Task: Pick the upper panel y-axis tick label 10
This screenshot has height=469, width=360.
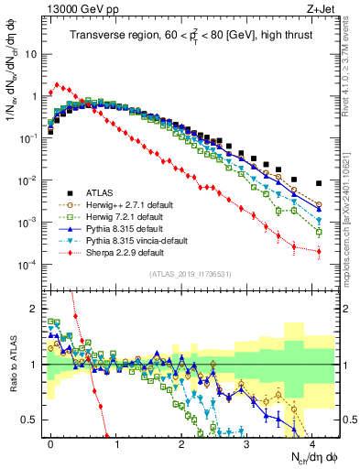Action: click(x=30, y=53)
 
